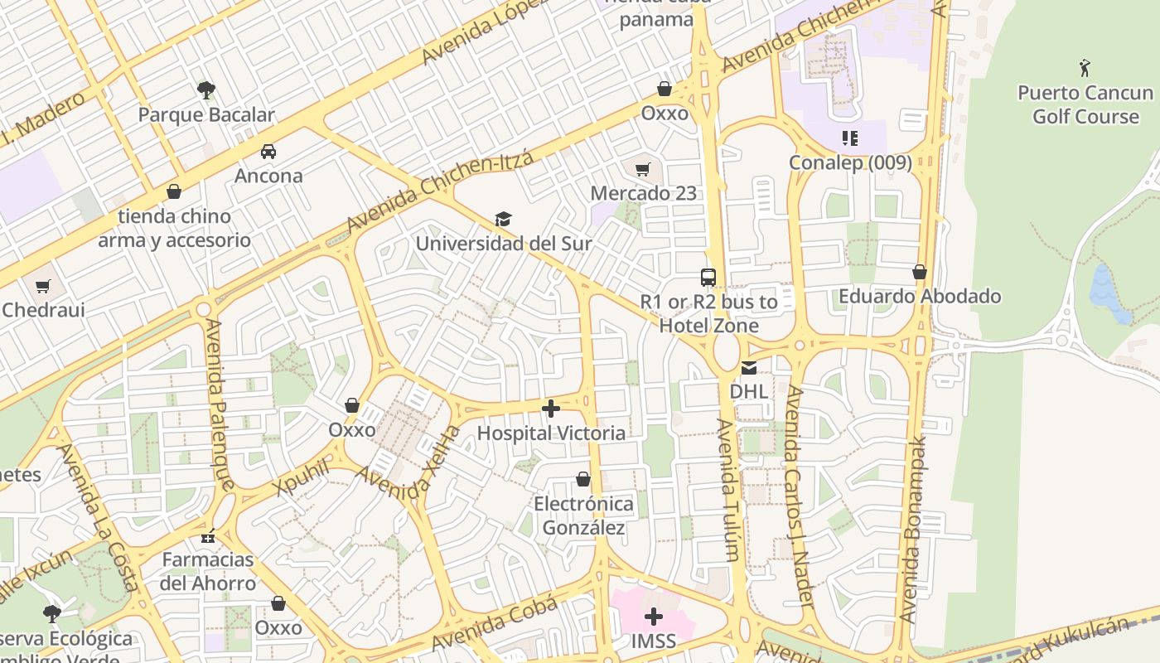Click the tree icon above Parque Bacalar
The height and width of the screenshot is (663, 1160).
(206, 90)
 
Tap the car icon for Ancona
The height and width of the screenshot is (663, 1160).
(268, 151)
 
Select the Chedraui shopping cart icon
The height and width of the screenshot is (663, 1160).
(42, 286)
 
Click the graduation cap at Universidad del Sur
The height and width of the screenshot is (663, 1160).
(503, 219)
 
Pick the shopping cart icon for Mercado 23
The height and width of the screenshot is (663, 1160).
(643, 169)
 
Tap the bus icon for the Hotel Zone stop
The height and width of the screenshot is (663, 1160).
(708, 278)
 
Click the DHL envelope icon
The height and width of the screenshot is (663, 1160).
(749, 367)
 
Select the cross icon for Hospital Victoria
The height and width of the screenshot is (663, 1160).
(551, 409)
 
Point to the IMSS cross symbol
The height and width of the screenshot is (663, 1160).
(654, 617)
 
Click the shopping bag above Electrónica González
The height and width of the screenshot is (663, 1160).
(583, 479)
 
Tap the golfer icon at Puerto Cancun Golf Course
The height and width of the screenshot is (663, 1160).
(1085, 67)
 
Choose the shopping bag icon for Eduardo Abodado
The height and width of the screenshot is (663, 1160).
(919, 272)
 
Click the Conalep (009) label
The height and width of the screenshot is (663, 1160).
(850, 162)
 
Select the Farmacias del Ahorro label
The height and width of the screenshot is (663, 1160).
(208, 571)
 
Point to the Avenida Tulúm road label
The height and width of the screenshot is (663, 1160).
(727, 489)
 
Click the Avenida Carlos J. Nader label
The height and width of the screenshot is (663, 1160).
(799, 497)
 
